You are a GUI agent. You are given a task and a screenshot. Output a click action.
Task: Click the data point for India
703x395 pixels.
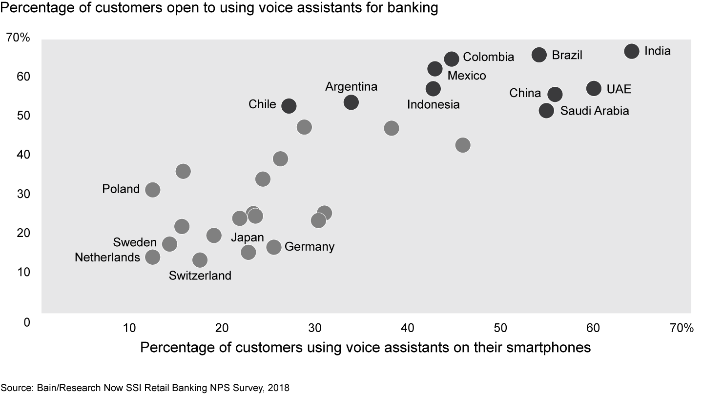pyautogui.click(x=631, y=51)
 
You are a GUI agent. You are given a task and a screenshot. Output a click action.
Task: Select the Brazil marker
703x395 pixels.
pyautogui.click(x=539, y=55)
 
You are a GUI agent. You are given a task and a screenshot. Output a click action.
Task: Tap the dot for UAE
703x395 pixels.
pyautogui.click(x=594, y=88)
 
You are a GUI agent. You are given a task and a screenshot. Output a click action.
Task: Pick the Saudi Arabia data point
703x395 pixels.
pyautogui.click(x=546, y=111)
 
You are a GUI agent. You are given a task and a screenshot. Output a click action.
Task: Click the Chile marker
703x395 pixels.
pyautogui.click(x=289, y=106)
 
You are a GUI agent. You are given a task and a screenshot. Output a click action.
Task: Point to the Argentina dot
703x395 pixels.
pyautogui.click(x=351, y=102)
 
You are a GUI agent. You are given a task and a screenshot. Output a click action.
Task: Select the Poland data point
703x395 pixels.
pyautogui.click(x=153, y=190)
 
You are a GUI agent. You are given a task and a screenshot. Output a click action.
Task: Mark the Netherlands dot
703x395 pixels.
pyautogui.click(x=153, y=257)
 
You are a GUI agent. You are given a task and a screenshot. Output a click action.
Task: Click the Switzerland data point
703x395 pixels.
pyautogui.click(x=200, y=259)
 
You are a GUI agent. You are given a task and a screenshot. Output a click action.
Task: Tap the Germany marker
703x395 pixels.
pyautogui.click(x=274, y=247)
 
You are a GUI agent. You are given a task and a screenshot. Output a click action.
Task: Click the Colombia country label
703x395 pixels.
pyautogui.click(x=488, y=57)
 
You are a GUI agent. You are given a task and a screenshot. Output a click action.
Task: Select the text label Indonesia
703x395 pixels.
pyautogui.click(x=433, y=104)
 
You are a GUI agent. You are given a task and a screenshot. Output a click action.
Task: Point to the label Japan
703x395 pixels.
pyautogui.click(x=247, y=237)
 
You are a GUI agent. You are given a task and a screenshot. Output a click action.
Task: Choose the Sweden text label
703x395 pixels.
pyautogui.click(x=135, y=242)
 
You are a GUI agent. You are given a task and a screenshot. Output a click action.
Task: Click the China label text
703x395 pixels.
pyautogui.click(x=525, y=93)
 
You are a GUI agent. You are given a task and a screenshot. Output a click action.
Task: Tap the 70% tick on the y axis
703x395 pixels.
pyautogui.click(x=18, y=38)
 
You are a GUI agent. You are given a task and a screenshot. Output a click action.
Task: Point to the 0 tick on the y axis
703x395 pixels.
pyautogui.click(x=26, y=322)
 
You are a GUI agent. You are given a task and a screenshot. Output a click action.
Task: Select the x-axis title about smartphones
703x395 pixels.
pyautogui.click(x=366, y=348)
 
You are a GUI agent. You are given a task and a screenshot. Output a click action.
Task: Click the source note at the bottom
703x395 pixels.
pyautogui.click(x=145, y=388)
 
